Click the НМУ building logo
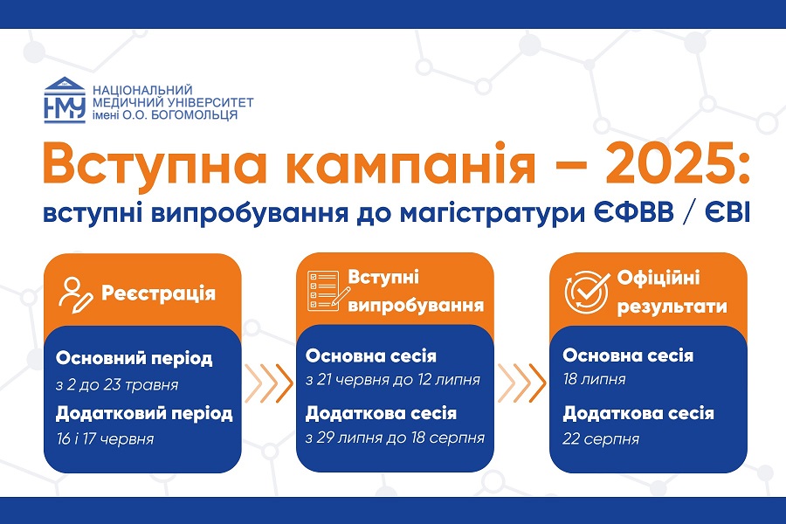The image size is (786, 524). pos(65,100)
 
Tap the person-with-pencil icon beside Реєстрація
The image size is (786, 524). pos(76,295)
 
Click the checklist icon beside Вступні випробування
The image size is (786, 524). pos(328,290)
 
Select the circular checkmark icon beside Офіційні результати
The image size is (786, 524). pos(587,292)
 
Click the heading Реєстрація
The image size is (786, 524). pos(158,293)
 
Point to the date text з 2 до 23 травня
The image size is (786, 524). pos(117,385)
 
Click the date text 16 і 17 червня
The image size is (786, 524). pos(106,439)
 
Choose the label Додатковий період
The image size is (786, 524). pos(144,413)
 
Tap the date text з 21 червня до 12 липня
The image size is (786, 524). pos(393,380)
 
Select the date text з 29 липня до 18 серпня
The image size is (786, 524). pos(395,438)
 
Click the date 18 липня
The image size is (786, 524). pos(594,379)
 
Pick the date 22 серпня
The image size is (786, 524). pos(601,439)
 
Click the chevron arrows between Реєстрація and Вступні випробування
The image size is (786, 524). pos(269,383)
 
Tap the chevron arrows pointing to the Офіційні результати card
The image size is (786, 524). pos(522,383)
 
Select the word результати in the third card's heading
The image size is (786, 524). pos(672,307)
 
